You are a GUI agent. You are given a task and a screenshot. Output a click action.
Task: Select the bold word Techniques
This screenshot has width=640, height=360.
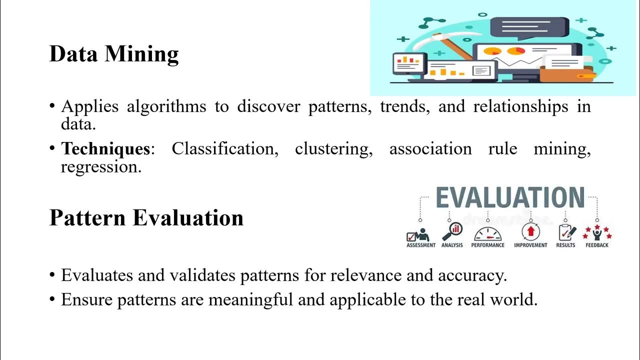[x=105, y=148]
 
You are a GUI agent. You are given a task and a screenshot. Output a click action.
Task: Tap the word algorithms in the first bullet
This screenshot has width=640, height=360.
[x=166, y=106]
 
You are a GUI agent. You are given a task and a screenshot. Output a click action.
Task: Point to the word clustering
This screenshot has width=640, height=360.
[x=333, y=148]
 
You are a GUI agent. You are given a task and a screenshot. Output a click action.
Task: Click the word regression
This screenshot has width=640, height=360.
[x=101, y=167]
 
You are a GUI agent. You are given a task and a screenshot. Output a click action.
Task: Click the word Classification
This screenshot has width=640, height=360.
[x=225, y=148]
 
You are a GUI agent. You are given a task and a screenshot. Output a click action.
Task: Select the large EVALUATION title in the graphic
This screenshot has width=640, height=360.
[x=510, y=198]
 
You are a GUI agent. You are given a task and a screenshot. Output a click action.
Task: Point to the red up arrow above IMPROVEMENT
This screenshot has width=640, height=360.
[x=530, y=232]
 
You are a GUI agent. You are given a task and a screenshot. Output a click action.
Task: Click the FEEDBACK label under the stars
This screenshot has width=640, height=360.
[x=597, y=245]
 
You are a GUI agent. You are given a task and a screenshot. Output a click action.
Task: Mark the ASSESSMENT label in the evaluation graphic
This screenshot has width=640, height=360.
[x=421, y=245]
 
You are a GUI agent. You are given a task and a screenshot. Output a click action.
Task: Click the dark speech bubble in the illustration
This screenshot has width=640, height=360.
[x=529, y=27]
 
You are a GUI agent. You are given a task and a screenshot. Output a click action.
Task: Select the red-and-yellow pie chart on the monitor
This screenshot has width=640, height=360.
[x=493, y=51]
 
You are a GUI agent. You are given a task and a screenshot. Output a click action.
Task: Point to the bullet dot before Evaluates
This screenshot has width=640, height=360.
[x=52, y=275]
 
